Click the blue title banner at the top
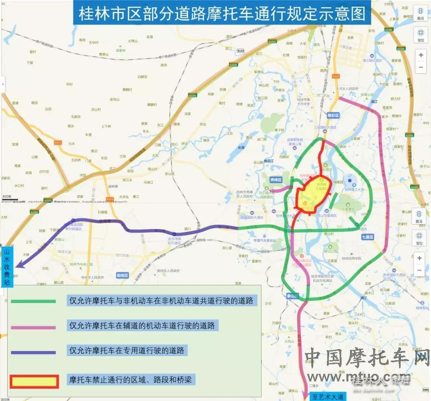[x=221, y=14]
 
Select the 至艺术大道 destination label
[x=327, y=397]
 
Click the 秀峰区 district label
[x=276, y=180]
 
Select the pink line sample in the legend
[x=34, y=327]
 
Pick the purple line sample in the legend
[x=34, y=353]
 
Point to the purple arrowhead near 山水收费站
[x=18, y=264]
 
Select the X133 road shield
[x=240, y=51]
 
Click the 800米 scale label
[x=7, y=197]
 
